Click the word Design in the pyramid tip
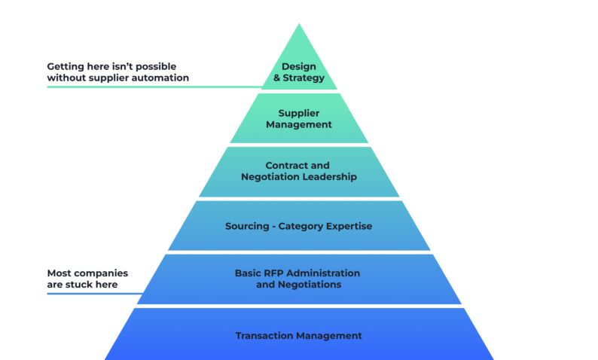[x=299, y=66]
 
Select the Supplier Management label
[x=299, y=119]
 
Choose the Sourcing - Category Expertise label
[x=299, y=226]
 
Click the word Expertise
[x=346, y=226]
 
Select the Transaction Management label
[x=299, y=335]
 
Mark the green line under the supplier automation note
[x=151, y=87]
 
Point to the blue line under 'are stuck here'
[x=94, y=293]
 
